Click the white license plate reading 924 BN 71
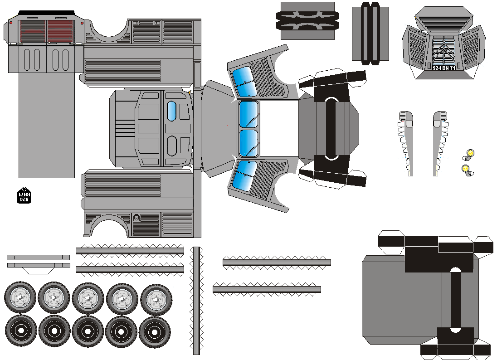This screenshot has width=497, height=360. pyautogui.click(x=444, y=68)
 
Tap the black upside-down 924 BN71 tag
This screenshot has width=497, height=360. pyautogui.click(x=24, y=196)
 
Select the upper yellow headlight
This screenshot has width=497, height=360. pyautogui.click(x=470, y=153)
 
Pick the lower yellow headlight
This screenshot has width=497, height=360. pyautogui.click(x=466, y=169)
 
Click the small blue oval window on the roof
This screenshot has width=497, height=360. pyautogui.click(x=172, y=112)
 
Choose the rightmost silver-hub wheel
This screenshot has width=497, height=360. pyautogui.click(x=156, y=300)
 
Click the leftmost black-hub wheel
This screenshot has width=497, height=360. pyautogui.click(x=21, y=331)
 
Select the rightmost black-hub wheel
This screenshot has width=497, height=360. pyautogui.click(x=155, y=332)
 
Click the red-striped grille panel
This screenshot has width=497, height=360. pyautogui.click(x=60, y=30)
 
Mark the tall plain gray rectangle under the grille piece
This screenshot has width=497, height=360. pyautogui.click(x=46, y=125)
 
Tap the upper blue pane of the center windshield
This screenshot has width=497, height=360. pyautogui.click(x=248, y=114)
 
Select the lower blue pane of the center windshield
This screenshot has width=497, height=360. pyautogui.click(x=248, y=143)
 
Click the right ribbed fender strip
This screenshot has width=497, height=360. pyautogui.click(x=439, y=143)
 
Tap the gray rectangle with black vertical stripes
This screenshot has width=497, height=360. pyautogui.click(x=370, y=34)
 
